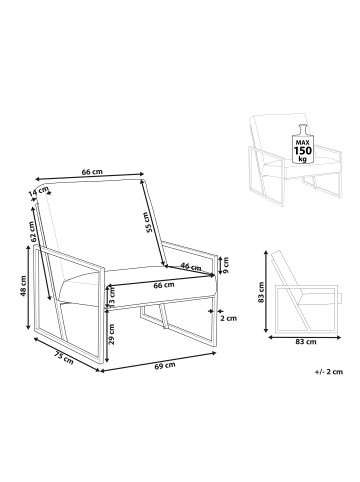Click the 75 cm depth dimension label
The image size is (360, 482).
tap(64, 358)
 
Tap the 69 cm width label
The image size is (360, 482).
tap(165, 365)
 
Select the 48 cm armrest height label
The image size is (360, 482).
tap(23, 286)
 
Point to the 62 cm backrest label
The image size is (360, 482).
tap(32, 232)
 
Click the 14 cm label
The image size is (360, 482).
tap(38, 191)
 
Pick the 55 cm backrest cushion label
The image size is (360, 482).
tap(150, 222)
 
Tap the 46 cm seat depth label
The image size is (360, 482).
tap(191, 267)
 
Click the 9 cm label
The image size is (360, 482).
tap(226, 265)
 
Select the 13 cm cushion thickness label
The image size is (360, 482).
tap(111, 296)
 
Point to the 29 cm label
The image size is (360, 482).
tap(112, 334)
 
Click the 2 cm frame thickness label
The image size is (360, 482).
tap(229, 318)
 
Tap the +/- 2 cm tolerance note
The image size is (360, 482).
tap(328, 372)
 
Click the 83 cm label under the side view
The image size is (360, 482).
tap(305, 342)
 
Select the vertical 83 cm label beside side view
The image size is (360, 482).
tap(261, 292)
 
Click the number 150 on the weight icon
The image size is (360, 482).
tap(302, 151)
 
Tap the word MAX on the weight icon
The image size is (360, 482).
tap(302, 142)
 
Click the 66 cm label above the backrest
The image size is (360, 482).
tap(92, 172)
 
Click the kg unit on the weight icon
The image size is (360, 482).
tap(302, 159)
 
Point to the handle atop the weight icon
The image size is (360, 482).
tap(303, 128)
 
